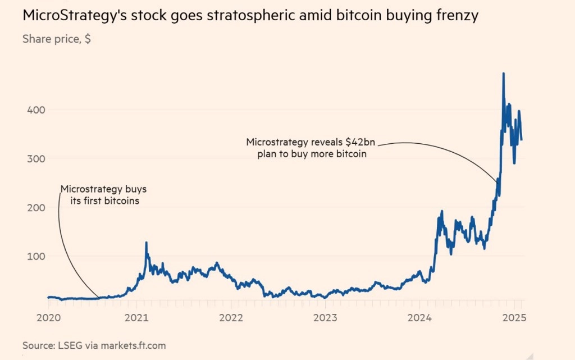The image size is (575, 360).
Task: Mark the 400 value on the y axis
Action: [x=37, y=110]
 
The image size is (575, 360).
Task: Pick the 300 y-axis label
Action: [x=37, y=158]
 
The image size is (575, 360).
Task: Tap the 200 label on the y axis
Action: [x=37, y=207]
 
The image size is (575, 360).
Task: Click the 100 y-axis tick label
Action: [x=37, y=256]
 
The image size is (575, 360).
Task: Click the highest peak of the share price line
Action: [x=503, y=74]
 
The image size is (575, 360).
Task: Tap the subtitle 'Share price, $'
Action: [x=57, y=39]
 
